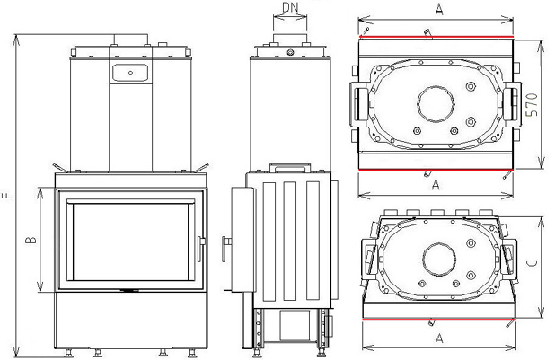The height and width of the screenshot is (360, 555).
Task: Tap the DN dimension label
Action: (x=289, y=9)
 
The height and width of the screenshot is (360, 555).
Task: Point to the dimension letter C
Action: (x=533, y=264)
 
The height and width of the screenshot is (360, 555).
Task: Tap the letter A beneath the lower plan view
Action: (x=437, y=338)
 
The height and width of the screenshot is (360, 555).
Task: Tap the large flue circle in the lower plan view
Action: (x=437, y=260)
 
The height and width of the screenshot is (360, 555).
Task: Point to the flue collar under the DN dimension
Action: (x=289, y=37)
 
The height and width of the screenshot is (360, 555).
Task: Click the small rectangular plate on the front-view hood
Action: (x=130, y=69)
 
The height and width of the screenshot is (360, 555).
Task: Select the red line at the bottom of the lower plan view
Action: (x=437, y=319)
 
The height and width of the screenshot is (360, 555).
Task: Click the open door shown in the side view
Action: (x=237, y=238)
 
